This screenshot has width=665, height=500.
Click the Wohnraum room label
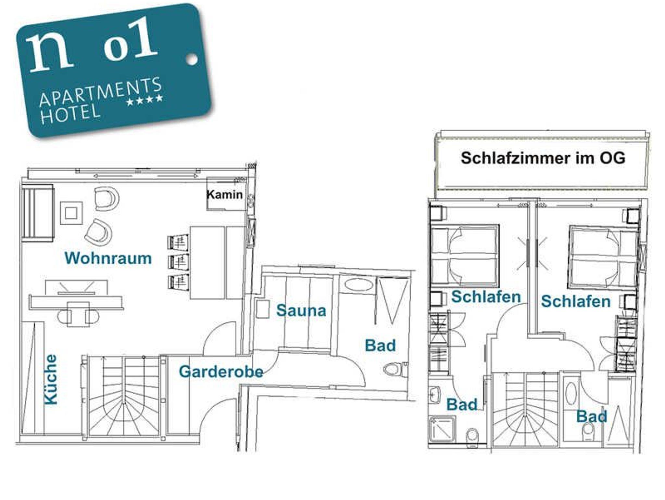click(x=108, y=258)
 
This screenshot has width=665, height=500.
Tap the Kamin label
click(x=225, y=194)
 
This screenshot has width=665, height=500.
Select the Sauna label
click(x=301, y=310)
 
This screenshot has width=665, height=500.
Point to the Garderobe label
click(x=221, y=372)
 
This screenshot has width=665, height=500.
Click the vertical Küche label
click(x=51, y=380)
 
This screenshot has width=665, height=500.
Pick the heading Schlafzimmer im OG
click(x=543, y=158)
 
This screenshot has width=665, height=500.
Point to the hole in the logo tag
click(x=192, y=59)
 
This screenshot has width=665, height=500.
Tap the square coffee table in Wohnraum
click(x=71, y=213)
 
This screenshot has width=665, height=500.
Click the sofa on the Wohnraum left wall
click(x=38, y=213)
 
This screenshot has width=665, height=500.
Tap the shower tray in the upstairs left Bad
click(x=442, y=429)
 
